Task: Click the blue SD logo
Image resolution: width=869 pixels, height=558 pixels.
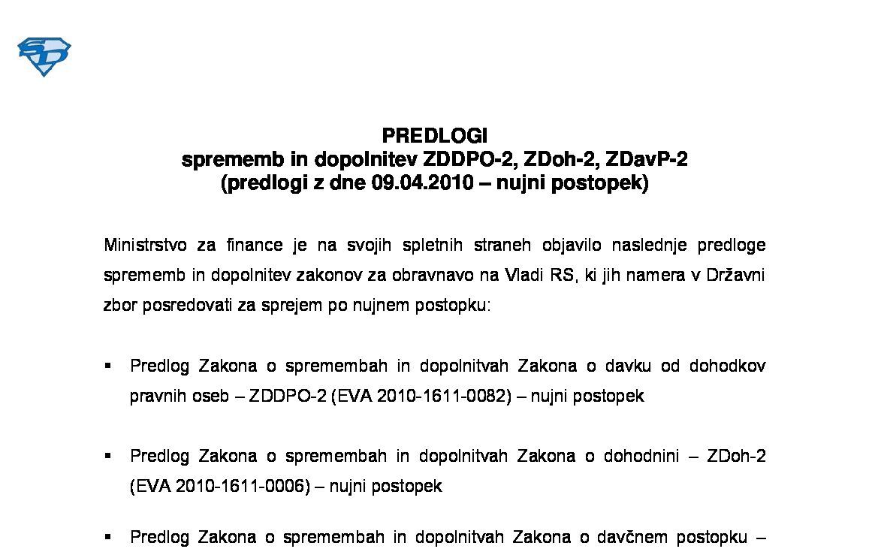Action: pos(44,56)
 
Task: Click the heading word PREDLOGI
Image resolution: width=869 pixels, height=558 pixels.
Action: pos(434,136)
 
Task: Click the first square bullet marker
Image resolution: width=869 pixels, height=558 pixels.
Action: pos(108,366)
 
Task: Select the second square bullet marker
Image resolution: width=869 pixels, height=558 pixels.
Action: pos(108,456)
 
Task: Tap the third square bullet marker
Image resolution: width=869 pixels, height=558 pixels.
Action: pos(108,537)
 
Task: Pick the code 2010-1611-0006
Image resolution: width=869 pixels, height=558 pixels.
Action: pos(242,486)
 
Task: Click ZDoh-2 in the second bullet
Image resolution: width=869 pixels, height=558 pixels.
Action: pos(736,456)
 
